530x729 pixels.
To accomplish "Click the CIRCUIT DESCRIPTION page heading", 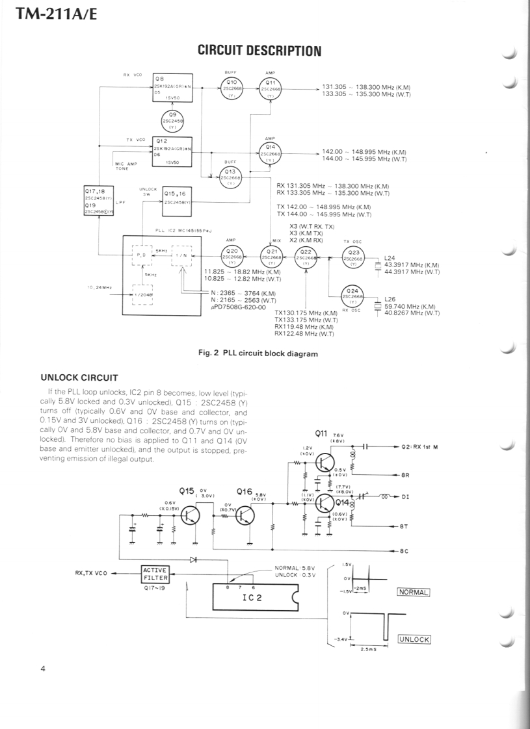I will pos(259,51).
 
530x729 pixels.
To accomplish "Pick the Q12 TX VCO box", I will pos(172,151).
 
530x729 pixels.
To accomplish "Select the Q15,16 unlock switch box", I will pos(178,198).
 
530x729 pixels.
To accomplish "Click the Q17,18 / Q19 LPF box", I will pos(99,201).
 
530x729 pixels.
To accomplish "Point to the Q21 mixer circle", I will pos(272,256).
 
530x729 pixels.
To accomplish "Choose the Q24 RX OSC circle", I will pos(353,297).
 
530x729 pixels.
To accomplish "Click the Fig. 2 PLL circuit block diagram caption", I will pos(258,354).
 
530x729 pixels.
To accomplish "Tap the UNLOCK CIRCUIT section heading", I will pos(79,377).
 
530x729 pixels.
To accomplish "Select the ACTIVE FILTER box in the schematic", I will pos(155,574).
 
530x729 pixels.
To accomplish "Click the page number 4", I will pos(43,670).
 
